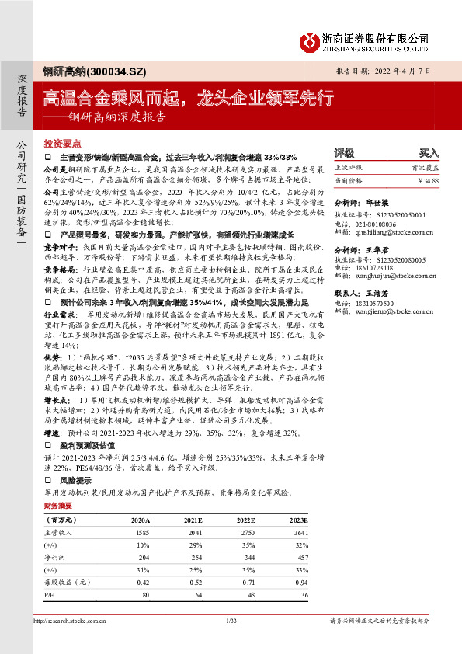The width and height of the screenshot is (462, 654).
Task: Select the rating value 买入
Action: [x=429, y=154]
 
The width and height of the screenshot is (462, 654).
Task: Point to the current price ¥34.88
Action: [x=427, y=180]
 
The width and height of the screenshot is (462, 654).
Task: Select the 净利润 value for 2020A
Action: [x=140, y=558]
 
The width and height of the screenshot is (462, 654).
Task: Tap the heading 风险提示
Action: [x=73, y=481]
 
